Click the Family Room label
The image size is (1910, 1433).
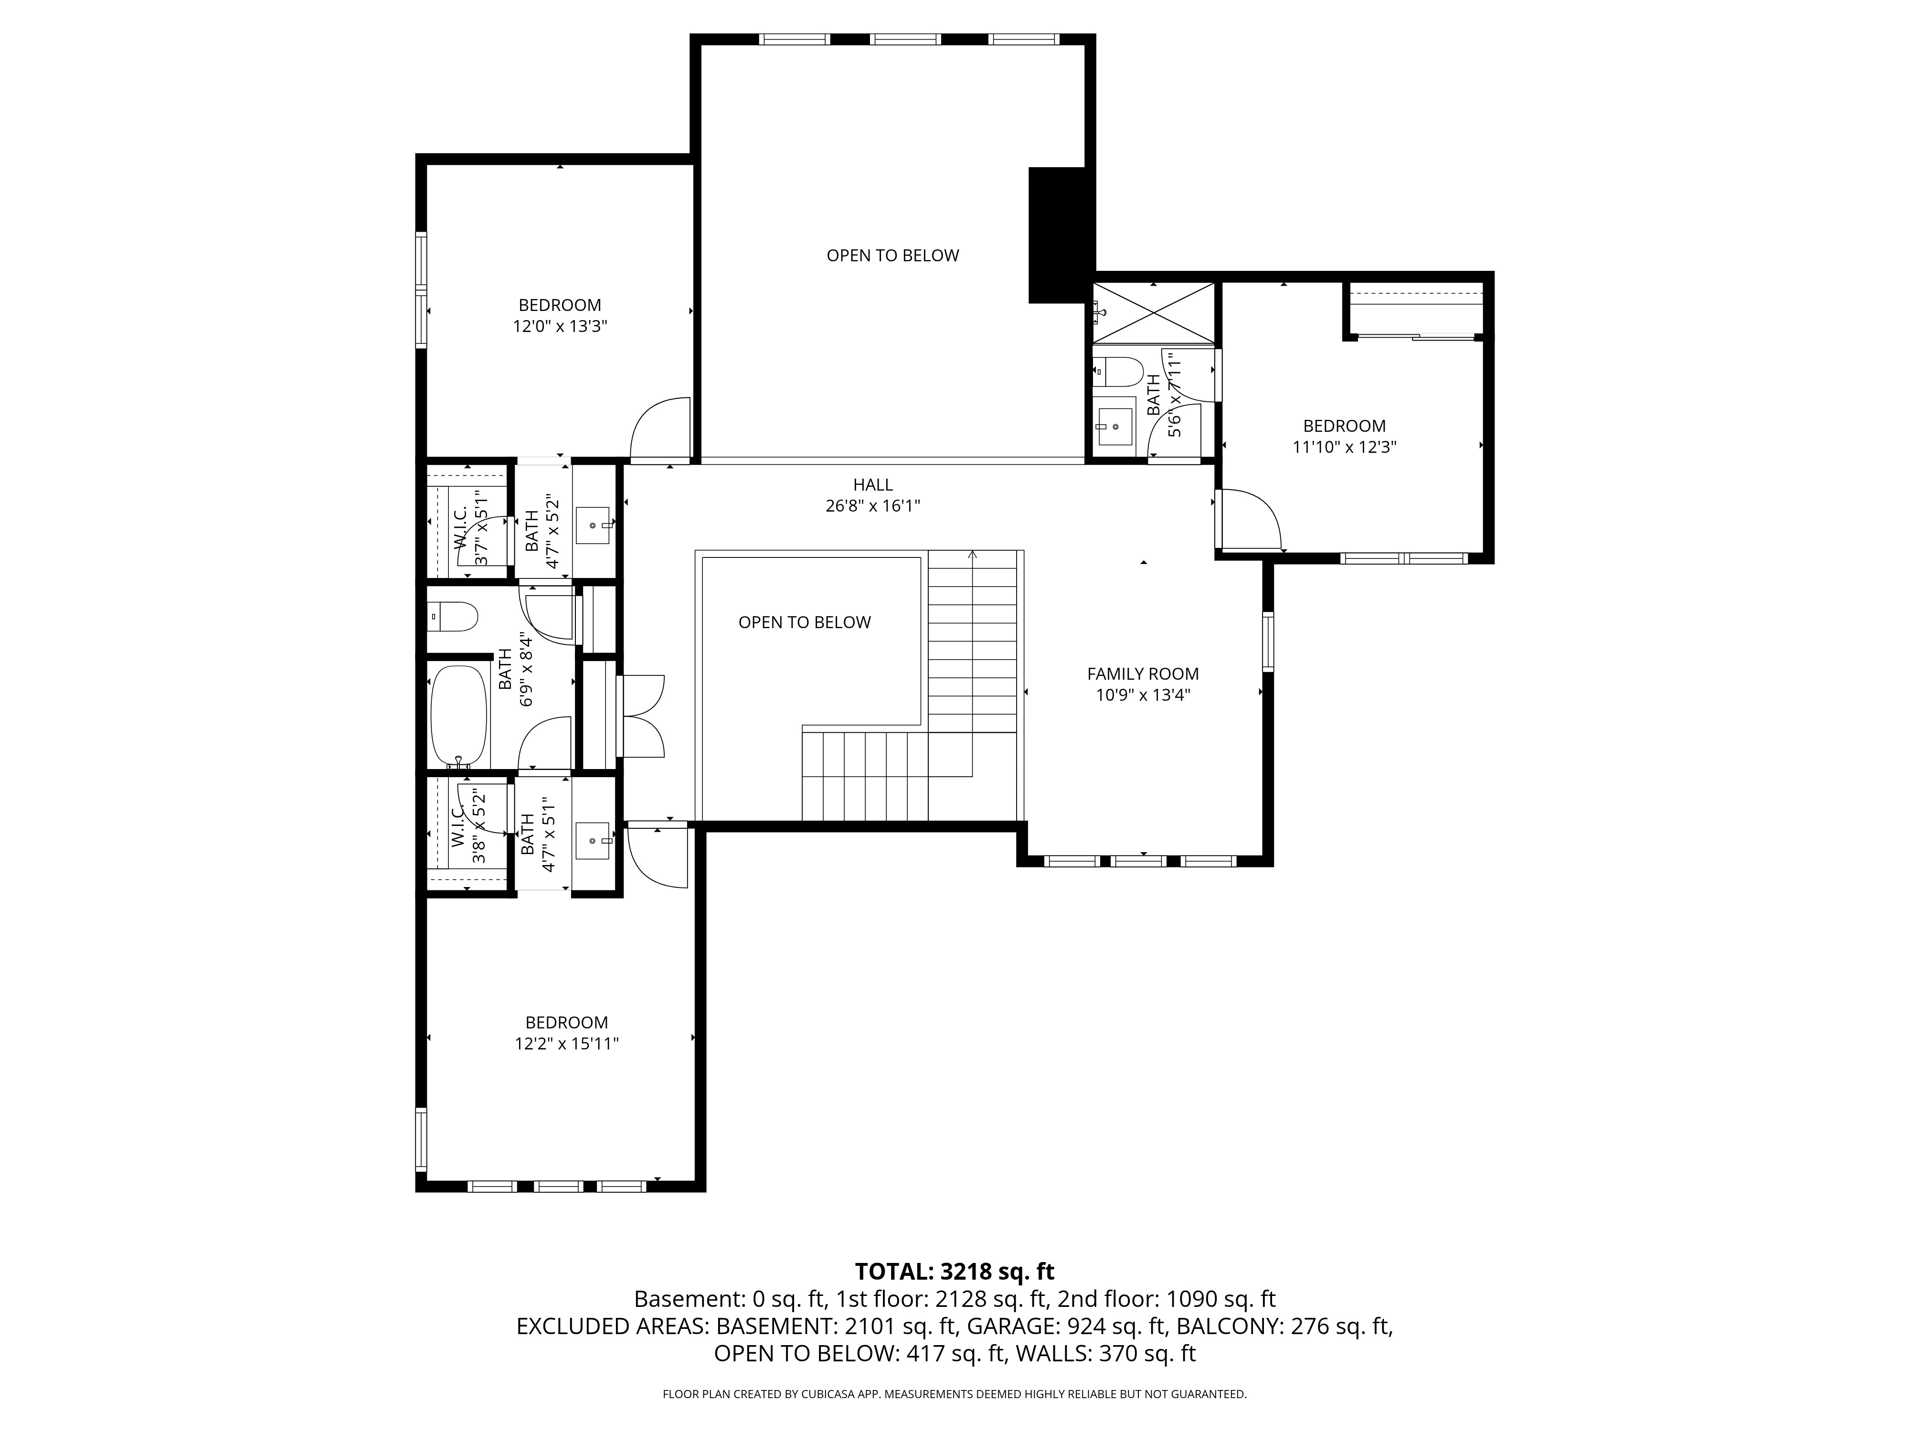[x=1142, y=674]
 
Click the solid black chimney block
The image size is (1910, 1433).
[x=1057, y=235]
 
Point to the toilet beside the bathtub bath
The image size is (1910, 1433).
[x=453, y=617]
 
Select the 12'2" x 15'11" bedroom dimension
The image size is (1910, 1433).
[x=566, y=1043]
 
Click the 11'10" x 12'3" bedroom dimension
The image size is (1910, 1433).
[x=1344, y=448]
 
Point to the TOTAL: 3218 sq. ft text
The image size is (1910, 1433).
[x=954, y=1272]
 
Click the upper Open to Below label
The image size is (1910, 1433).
[x=893, y=256]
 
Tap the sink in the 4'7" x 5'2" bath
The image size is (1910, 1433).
[x=593, y=525]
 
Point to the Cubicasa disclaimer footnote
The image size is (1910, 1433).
[x=954, y=1394]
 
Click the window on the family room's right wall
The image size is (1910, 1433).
[x=1268, y=641]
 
